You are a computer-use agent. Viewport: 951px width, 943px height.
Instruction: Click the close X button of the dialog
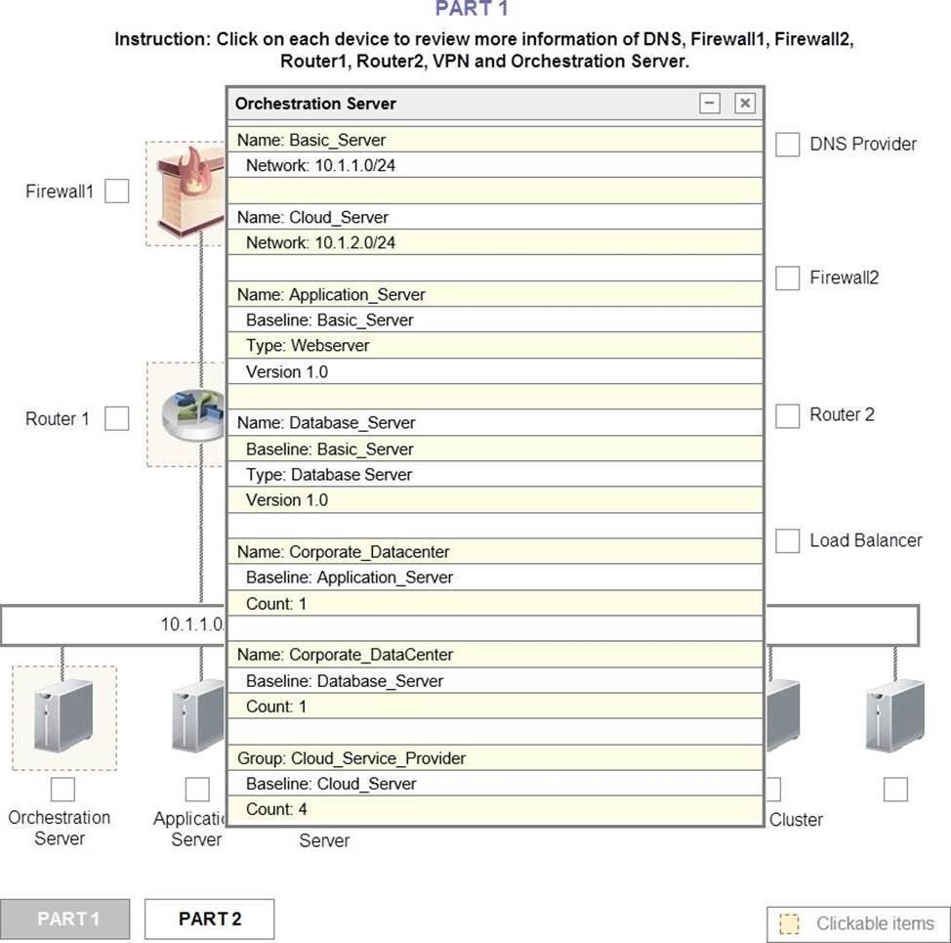tap(745, 104)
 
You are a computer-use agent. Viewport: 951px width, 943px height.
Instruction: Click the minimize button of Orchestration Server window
tap(710, 104)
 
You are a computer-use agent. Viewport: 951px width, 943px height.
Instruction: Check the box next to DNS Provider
tap(787, 145)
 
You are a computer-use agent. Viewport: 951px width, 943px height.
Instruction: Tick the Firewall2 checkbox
tap(787, 278)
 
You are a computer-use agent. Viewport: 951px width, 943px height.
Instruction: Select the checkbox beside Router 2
tap(787, 415)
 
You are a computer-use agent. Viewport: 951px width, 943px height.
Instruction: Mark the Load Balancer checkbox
tap(787, 540)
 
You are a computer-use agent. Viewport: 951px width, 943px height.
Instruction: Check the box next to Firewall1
tap(117, 192)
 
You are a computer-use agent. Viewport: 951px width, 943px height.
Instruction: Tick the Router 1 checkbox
tap(117, 418)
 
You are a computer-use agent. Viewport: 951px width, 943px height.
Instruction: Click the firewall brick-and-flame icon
tap(190, 192)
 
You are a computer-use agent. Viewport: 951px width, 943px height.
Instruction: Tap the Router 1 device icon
tap(194, 415)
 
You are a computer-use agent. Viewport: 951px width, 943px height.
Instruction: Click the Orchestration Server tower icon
tap(63, 715)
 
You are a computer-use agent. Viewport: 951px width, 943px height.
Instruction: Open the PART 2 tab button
tap(209, 919)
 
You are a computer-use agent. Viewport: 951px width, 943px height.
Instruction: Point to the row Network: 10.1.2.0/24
tap(495, 242)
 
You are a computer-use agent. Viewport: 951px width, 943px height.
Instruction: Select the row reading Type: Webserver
tap(495, 345)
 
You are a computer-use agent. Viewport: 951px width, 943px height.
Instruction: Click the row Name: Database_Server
tap(495, 422)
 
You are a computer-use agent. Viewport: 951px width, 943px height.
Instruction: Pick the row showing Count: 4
tap(495, 809)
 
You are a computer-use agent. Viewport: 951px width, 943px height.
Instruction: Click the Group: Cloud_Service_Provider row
tap(495, 758)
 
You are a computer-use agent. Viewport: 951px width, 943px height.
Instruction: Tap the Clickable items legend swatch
tap(789, 923)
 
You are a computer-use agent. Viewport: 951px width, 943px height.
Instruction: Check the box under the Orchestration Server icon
tap(63, 790)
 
